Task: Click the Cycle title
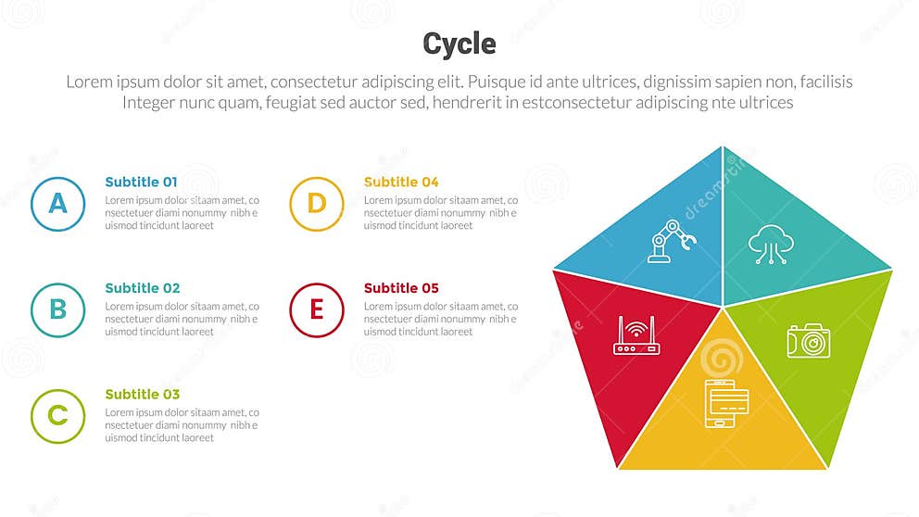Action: tap(459, 44)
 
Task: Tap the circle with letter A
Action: tap(57, 204)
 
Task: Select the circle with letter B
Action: tap(57, 309)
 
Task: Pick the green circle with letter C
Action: tap(57, 416)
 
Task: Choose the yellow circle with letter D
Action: tap(317, 204)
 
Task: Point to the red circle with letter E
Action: tap(317, 309)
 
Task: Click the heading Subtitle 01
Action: tap(141, 183)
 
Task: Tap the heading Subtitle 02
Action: tap(142, 288)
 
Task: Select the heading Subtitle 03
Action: tap(142, 395)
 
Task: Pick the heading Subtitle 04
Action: tap(401, 183)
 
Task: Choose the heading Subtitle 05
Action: tap(401, 288)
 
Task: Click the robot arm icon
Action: tap(671, 241)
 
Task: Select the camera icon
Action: tap(808, 340)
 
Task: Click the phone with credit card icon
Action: tap(726, 403)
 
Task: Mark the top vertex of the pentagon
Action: tap(723, 146)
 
